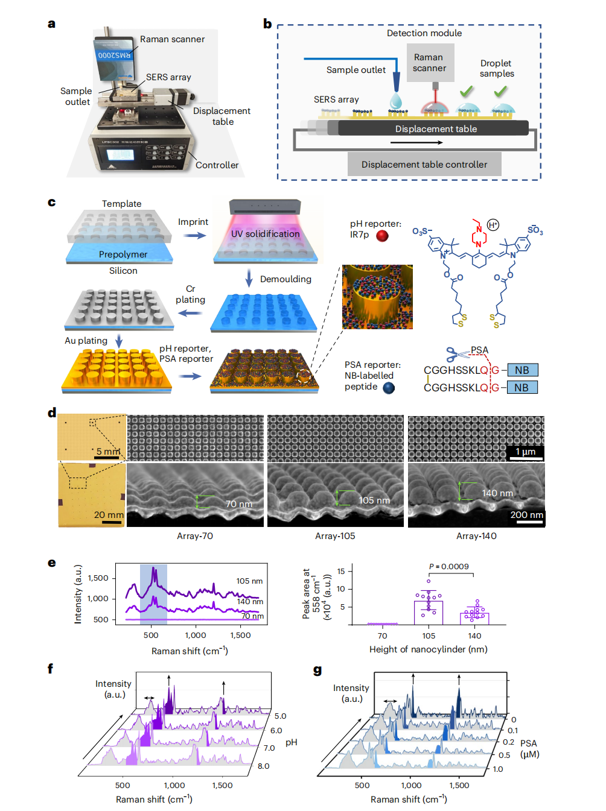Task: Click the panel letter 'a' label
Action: click(x=52, y=24)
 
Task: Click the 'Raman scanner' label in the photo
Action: click(x=172, y=39)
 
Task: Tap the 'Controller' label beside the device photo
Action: click(x=217, y=165)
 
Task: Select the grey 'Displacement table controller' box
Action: click(x=424, y=164)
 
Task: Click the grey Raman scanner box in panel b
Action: click(x=430, y=63)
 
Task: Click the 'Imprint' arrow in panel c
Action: click(x=194, y=235)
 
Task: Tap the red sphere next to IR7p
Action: click(x=382, y=236)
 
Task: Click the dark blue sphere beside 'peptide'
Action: click(x=389, y=388)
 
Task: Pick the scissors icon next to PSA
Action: click(x=456, y=353)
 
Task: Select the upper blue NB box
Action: click(x=522, y=370)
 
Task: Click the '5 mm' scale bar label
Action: click(x=108, y=452)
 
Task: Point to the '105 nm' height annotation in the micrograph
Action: click(x=374, y=500)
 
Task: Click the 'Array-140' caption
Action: click(x=476, y=536)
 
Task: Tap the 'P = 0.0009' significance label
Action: click(x=448, y=566)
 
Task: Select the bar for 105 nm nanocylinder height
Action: click(x=429, y=612)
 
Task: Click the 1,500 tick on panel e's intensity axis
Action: click(x=98, y=578)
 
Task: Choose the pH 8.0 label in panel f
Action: click(x=263, y=766)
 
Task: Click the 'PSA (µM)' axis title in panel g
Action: click(x=529, y=749)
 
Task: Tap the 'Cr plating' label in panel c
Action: click(x=190, y=294)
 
